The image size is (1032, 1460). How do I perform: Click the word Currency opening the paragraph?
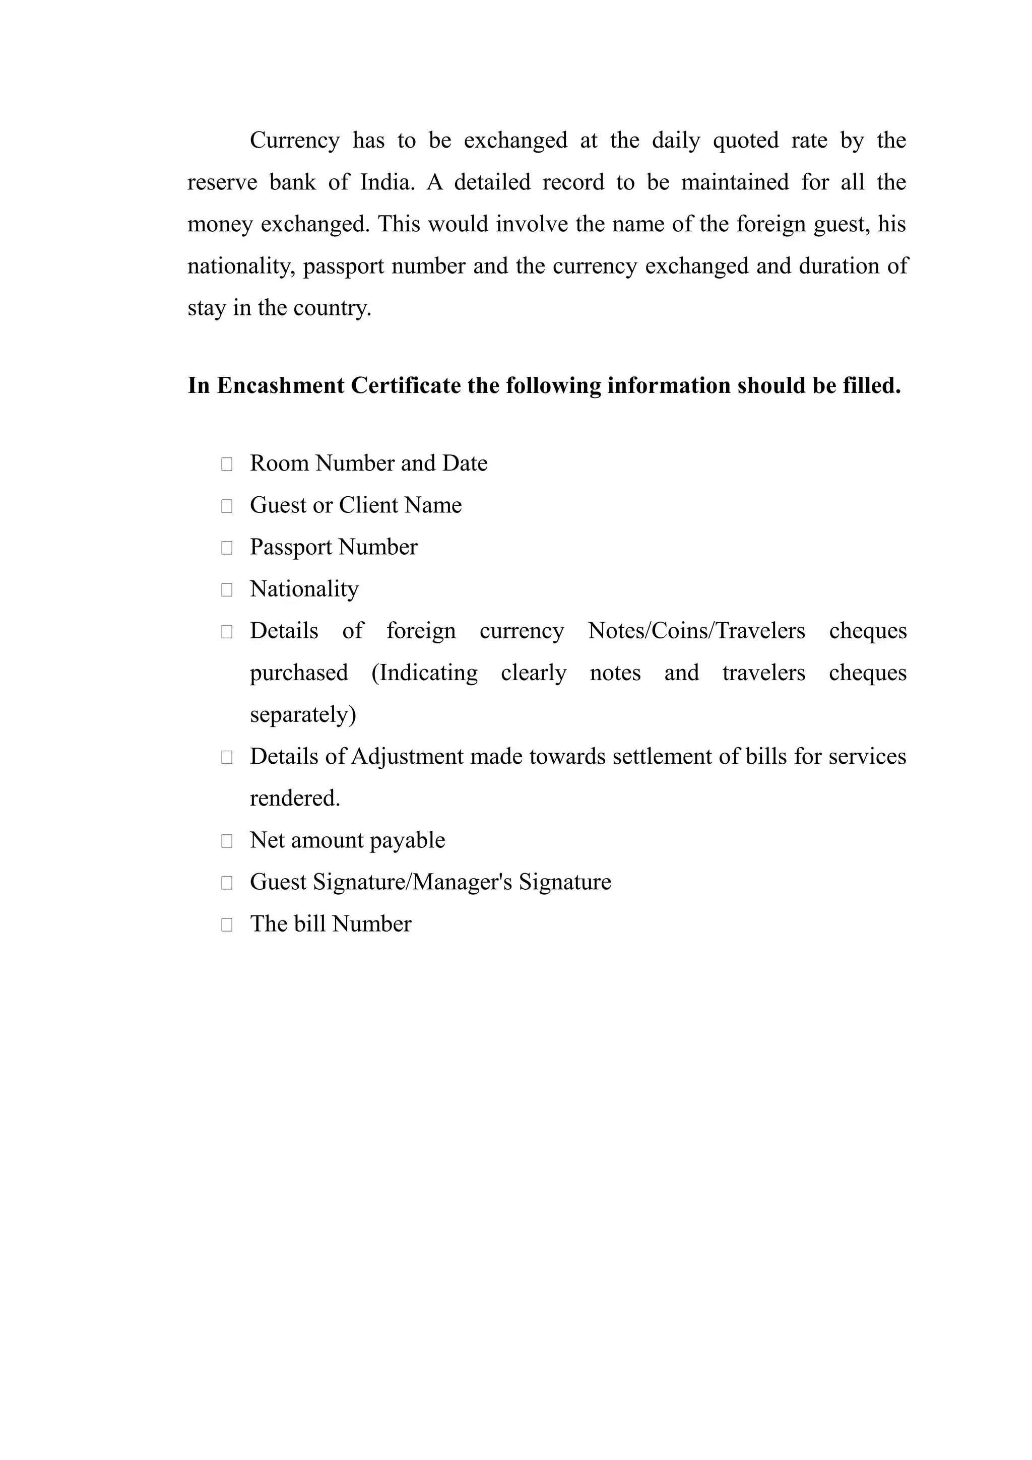click(294, 141)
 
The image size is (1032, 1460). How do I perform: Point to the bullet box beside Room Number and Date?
click(226, 464)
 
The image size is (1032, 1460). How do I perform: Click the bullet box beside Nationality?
click(226, 590)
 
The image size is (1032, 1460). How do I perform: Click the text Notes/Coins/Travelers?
click(696, 631)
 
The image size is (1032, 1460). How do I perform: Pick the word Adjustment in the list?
click(407, 757)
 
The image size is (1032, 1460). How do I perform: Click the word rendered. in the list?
click(295, 799)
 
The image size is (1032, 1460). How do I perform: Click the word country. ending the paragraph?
click(332, 308)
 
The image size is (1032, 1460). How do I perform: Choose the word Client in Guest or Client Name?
click(368, 505)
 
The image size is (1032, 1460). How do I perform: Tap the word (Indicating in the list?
click(424, 673)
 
